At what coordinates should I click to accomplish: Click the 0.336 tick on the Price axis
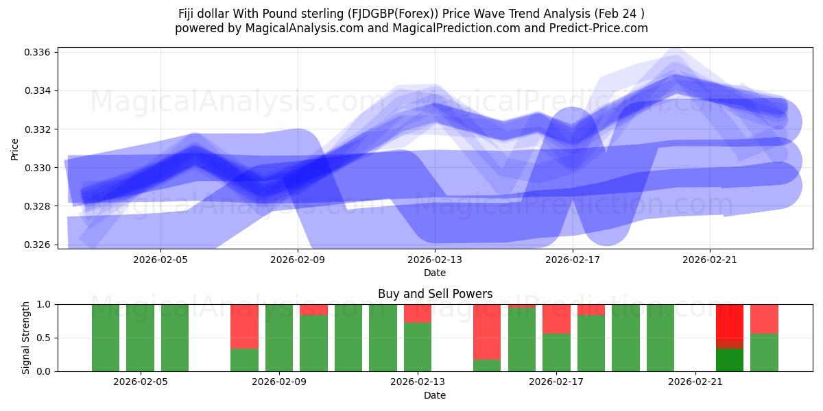38,53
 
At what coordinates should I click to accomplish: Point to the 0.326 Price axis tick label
38,245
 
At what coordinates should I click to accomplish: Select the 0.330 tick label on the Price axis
38,168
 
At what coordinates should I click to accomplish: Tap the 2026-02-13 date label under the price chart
435,260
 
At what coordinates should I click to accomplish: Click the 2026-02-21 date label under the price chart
709,260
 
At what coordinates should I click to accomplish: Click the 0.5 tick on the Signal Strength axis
44,338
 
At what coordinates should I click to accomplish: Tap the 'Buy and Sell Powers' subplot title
435,294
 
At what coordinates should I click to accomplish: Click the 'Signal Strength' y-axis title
25,338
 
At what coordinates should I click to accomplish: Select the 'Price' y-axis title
15,149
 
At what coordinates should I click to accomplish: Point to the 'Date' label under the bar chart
435,395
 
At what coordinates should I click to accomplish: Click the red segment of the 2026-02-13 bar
418,313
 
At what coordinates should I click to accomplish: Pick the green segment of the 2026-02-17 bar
556,352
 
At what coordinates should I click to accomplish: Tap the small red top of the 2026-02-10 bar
313,310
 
